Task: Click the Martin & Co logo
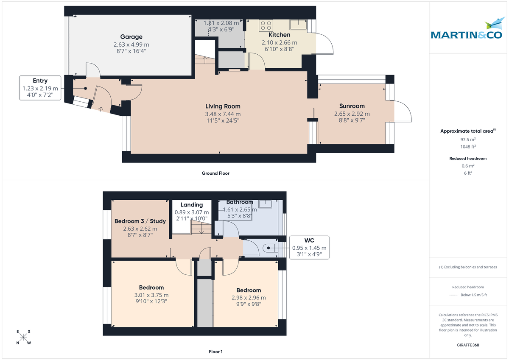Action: point(468,31)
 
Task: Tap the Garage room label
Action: point(131,37)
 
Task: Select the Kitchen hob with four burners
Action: point(266,25)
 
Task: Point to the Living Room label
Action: point(223,106)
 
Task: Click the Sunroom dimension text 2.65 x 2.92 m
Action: point(352,114)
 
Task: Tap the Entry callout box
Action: point(40,88)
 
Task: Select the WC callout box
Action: point(309,248)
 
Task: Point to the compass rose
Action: point(24,337)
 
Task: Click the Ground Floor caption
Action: point(215,173)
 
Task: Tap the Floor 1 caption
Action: point(215,352)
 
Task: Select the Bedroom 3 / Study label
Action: point(140,221)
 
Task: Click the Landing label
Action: point(192,205)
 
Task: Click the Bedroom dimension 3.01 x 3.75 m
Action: point(151,295)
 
